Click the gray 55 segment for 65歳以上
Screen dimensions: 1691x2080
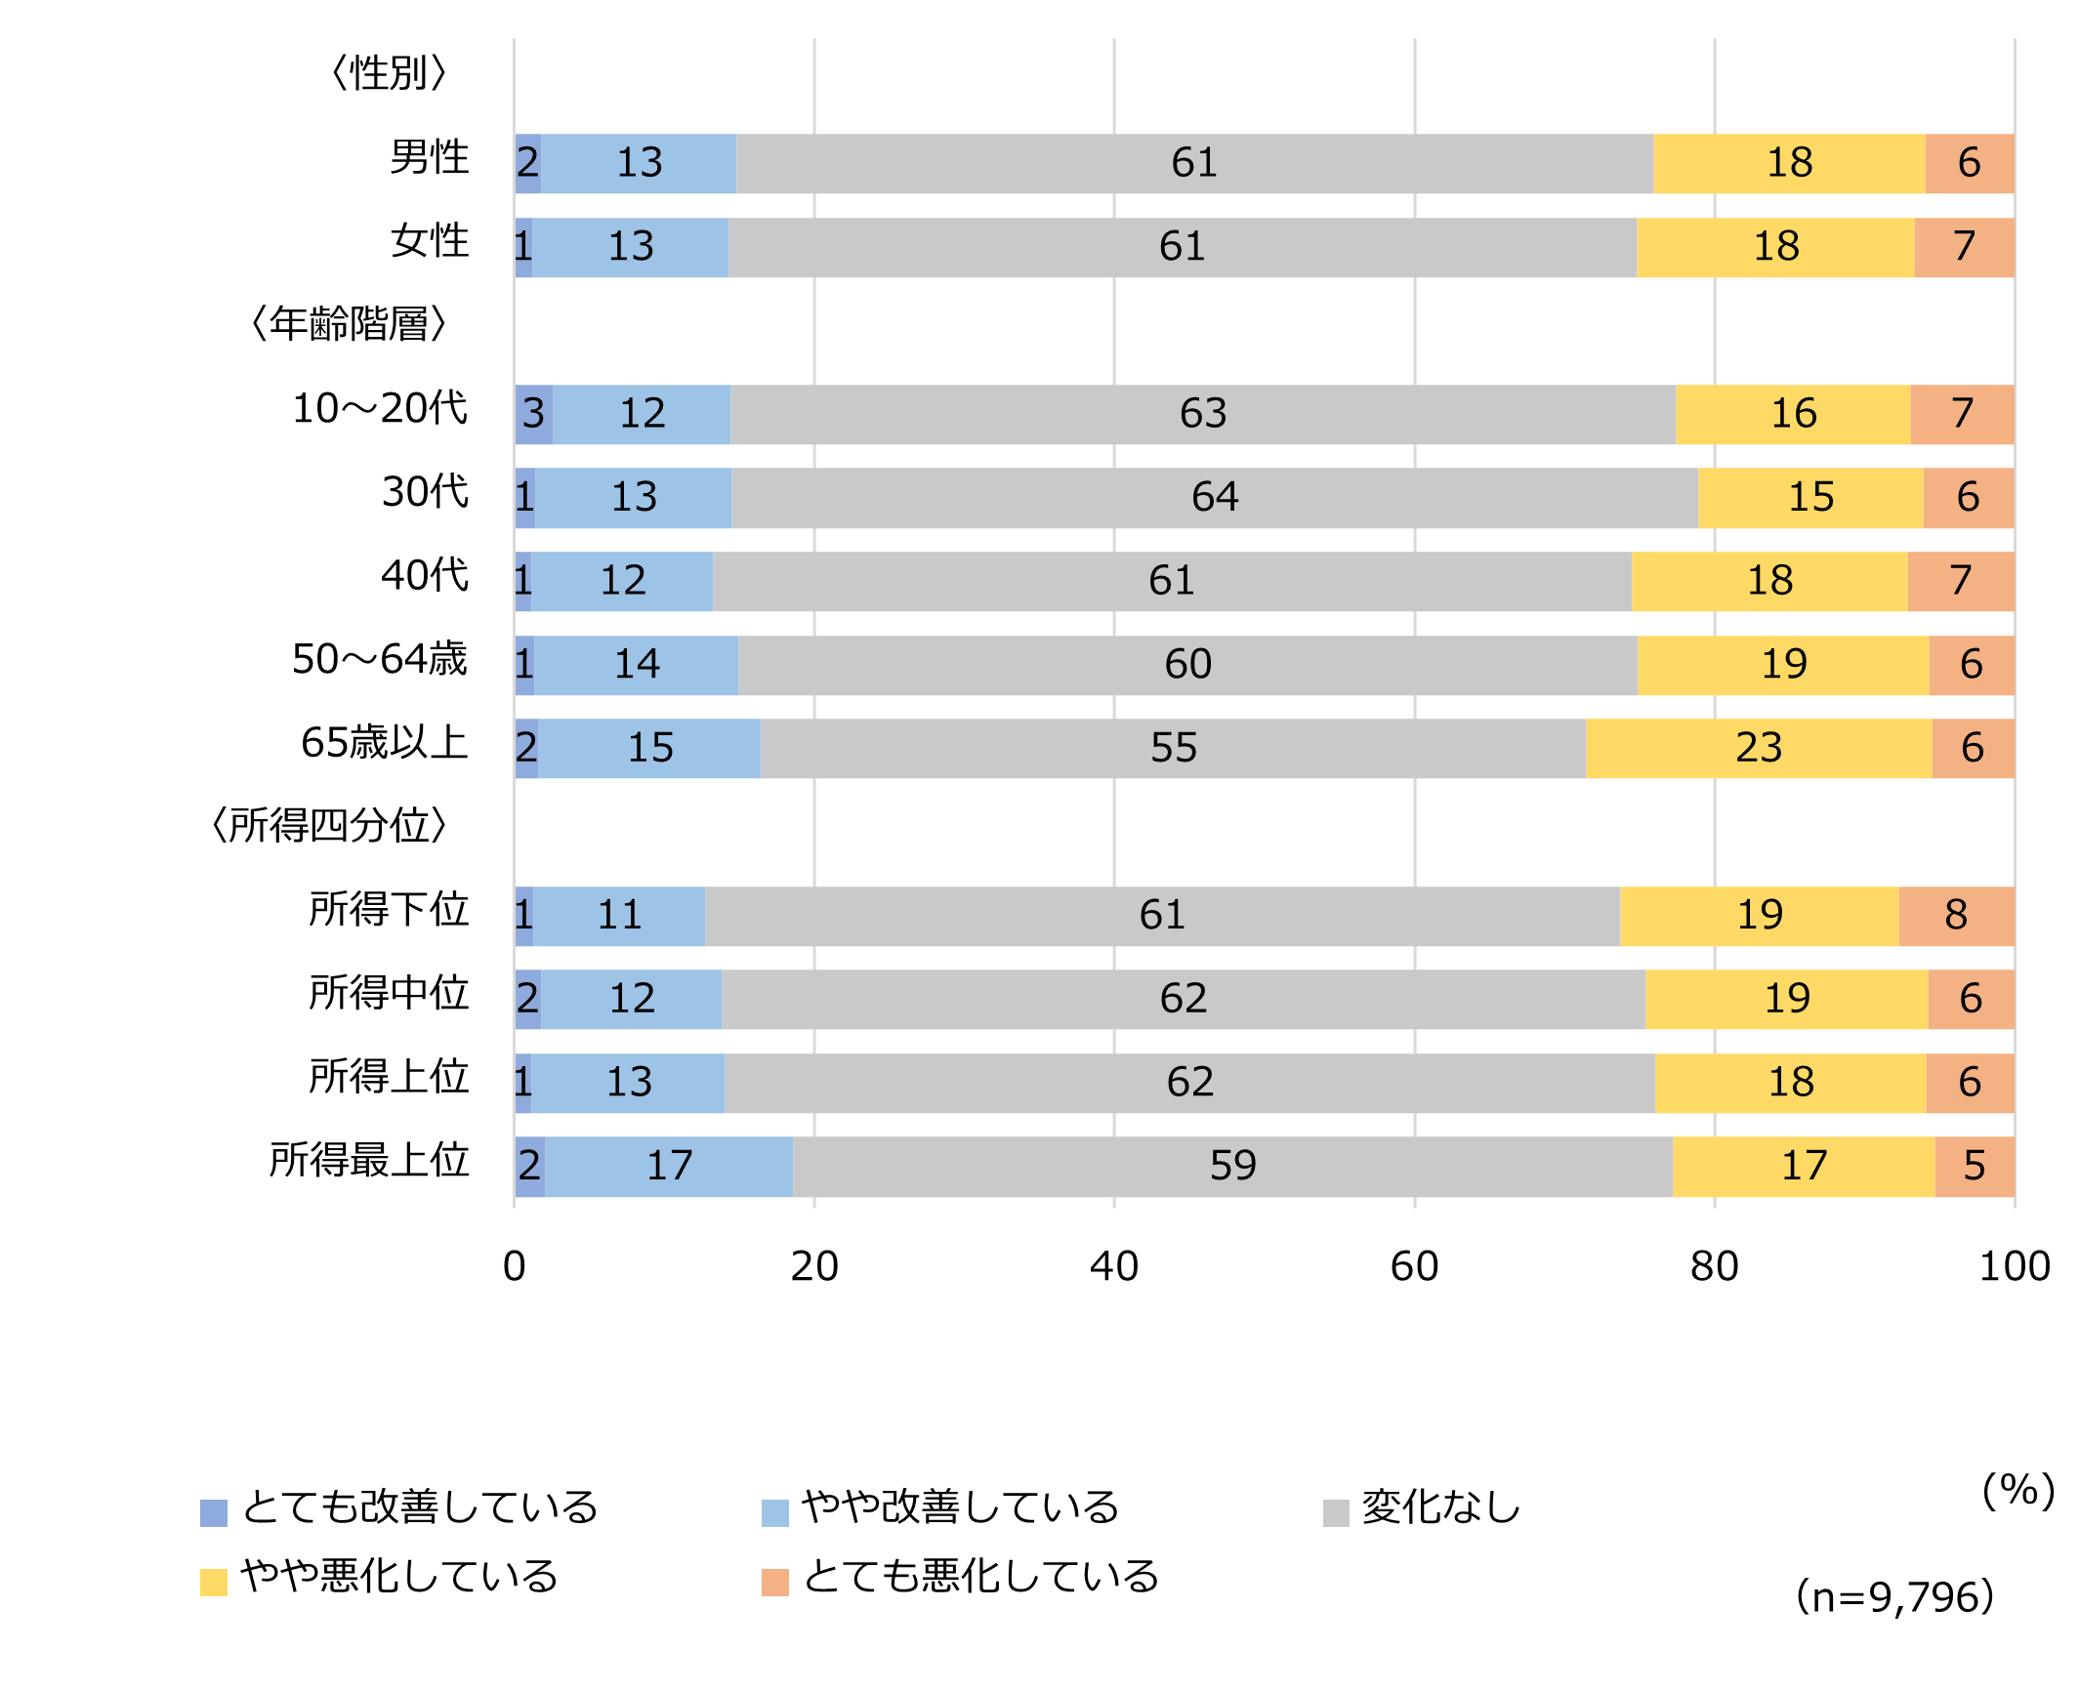tap(1173, 748)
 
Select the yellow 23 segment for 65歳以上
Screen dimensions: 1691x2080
tap(1759, 748)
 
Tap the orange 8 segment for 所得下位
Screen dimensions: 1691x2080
tap(1956, 916)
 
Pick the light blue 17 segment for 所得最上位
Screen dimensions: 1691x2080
tap(669, 1166)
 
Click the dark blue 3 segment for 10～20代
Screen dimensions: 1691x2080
tap(533, 414)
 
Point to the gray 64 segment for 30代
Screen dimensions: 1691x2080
tap(1214, 498)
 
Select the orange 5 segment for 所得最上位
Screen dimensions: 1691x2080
tap(1975, 1166)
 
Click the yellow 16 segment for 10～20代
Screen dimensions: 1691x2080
tap(1793, 414)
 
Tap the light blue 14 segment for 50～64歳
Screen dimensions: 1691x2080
tap(636, 665)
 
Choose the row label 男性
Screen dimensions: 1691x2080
tap(429, 157)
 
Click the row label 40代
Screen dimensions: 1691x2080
tap(424, 575)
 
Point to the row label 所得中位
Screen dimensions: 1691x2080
tap(389, 993)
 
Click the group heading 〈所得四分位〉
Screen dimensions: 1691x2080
tap(329, 826)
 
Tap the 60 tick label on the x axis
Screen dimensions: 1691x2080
tap(1414, 1266)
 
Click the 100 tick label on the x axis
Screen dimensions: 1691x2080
tap(2014, 1266)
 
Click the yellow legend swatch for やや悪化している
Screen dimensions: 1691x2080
tap(213, 1582)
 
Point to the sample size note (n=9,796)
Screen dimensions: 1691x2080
tap(1894, 1597)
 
